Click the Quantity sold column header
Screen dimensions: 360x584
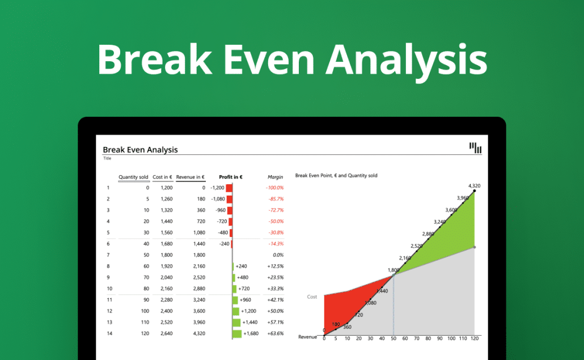[133, 177]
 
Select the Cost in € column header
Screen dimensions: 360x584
[162, 177]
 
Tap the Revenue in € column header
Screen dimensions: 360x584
[191, 177]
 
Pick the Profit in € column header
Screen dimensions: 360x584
[231, 177]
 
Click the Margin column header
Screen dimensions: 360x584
[275, 177]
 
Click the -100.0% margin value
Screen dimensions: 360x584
[274, 188]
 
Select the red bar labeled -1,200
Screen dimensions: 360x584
[229, 188]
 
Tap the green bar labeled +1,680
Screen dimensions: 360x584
[237, 333]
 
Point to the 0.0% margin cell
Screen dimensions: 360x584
[277, 255]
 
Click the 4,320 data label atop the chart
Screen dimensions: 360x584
[475, 185]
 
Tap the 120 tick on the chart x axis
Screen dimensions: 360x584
[475, 338]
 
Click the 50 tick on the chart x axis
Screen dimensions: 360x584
[393, 338]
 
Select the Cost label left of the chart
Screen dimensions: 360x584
[312, 297]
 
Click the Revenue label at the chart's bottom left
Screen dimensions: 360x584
[308, 337]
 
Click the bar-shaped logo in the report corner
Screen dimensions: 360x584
[475, 148]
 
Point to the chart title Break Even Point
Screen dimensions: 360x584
[336, 176]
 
